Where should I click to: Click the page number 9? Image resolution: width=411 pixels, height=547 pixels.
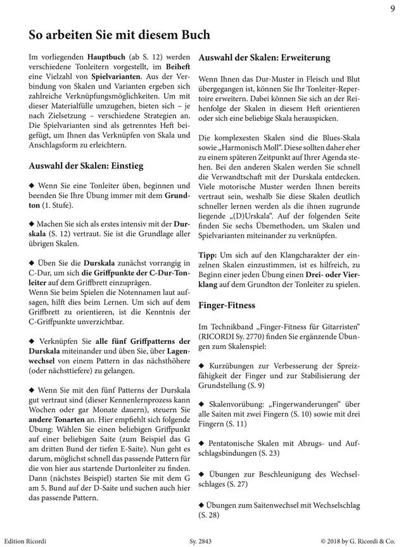point(393,8)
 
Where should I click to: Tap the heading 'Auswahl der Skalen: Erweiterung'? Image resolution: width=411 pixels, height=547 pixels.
point(264,58)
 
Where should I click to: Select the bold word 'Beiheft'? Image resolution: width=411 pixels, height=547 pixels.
point(176,67)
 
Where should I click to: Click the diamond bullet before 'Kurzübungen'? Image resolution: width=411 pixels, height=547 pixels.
point(202,366)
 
